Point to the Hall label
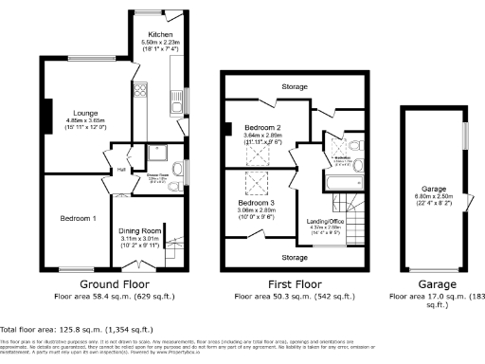pos(121,170)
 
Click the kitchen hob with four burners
pos(143,91)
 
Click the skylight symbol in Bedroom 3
pos(258,184)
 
